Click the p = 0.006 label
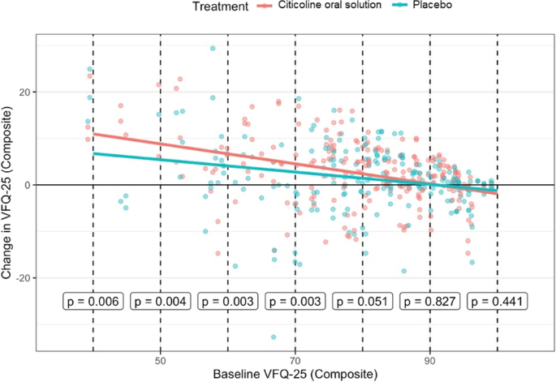[x=93, y=302]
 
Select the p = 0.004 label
[x=161, y=302]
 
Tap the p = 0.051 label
[x=363, y=302]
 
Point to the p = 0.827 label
[x=430, y=302]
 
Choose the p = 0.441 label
[x=498, y=302]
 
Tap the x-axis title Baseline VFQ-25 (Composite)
[x=295, y=374]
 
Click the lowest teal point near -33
[x=274, y=337]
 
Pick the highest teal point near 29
[x=213, y=49]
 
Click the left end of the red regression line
[x=94, y=134]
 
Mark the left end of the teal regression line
[x=94, y=153]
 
